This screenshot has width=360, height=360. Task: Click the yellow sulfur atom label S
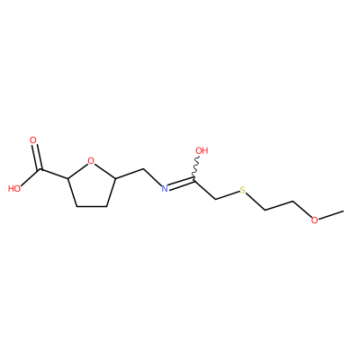pos(242,190)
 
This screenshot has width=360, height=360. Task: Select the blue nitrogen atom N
pos(165,189)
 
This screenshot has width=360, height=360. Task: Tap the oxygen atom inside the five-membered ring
pos(91,161)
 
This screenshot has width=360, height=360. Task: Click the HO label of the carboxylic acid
pos(14,189)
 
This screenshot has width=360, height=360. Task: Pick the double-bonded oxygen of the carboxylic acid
pos(33,140)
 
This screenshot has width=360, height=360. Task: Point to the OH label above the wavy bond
pos(202,150)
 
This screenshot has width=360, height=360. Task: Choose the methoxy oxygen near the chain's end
pos(314,220)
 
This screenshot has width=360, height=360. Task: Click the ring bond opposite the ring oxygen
pos(92,206)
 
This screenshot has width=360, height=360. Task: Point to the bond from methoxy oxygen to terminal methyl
pos(331,215)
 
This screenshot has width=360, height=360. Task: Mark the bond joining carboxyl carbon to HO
pos(31,178)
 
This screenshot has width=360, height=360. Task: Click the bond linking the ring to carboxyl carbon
pos(54,175)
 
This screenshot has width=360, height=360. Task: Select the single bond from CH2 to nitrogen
pos(152,177)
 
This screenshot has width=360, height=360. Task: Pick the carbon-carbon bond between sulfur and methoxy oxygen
pos(279,205)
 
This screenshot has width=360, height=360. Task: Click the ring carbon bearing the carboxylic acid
pos(68,179)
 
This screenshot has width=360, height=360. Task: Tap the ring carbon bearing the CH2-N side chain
pos(115,179)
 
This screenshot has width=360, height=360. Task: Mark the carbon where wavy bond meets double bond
pos(194,180)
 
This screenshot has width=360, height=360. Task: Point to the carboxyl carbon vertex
pos(40,170)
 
